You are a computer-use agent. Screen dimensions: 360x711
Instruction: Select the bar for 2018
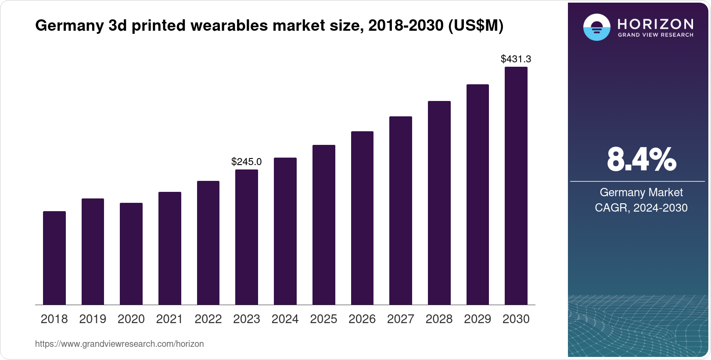pyautogui.click(x=54, y=258)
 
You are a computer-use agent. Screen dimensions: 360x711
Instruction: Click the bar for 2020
pyautogui.click(x=131, y=254)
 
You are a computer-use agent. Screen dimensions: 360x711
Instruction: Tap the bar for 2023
pyautogui.click(x=247, y=237)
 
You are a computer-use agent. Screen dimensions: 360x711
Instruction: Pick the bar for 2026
pyautogui.click(x=362, y=218)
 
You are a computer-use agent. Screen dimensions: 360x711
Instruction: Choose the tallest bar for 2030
pyautogui.click(x=516, y=186)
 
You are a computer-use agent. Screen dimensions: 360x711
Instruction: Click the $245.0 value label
pyautogui.click(x=246, y=162)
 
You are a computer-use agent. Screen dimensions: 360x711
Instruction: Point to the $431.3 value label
pyautogui.click(x=516, y=59)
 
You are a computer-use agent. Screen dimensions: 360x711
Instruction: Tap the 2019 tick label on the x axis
pyautogui.click(x=93, y=319)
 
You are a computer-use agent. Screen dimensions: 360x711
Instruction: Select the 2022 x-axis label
pyautogui.click(x=208, y=319)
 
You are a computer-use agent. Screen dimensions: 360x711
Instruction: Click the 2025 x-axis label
pyautogui.click(x=323, y=319)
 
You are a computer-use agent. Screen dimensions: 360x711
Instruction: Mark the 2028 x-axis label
pyautogui.click(x=439, y=319)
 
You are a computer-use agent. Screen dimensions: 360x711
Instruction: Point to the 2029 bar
pyautogui.click(x=478, y=194)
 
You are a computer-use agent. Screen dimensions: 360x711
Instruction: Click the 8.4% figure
pyautogui.click(x=641, y=160)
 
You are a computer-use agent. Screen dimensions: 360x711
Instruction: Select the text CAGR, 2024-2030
pyautogui.click(x=641, y=208)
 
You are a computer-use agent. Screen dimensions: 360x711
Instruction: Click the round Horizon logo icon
pyautogui.click(x=596, y=27)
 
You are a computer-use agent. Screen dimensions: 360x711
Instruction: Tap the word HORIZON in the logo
pyautogui.click(x=656, y=24)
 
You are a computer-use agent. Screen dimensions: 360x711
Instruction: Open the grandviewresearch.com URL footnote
pyautogui.click(x=119, y=344)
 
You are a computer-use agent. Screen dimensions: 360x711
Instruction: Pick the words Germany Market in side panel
pyautogui.click(x=641, y=192)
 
